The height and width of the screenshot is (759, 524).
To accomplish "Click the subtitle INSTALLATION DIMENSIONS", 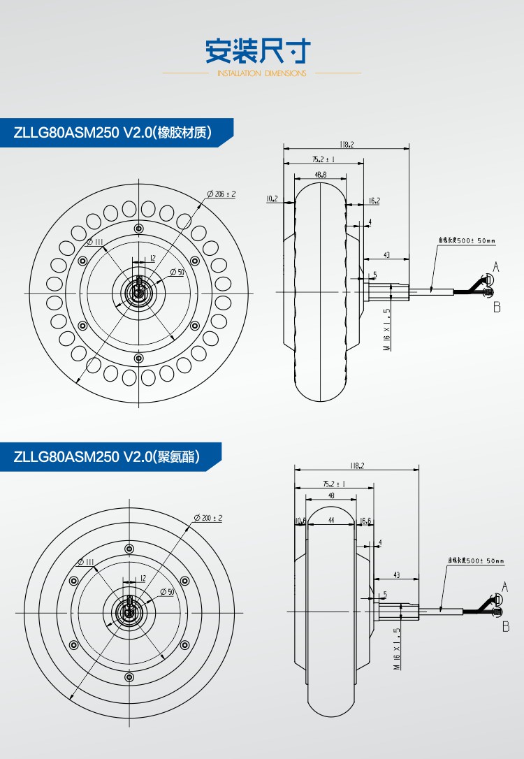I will click(261, 73).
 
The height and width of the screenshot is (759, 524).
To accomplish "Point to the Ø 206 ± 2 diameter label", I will click(221, 194).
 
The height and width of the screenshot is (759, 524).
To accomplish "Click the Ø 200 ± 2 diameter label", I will click(208, 518).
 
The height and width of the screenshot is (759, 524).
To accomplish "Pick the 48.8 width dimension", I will click(321, 175).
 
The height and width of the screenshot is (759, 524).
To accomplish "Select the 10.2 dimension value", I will click(272, 199).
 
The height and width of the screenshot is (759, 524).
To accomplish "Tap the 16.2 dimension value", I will click(373, 201).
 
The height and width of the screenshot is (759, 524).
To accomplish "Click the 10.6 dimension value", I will click(300, 521).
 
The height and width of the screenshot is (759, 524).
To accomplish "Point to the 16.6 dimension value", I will click(365, 521).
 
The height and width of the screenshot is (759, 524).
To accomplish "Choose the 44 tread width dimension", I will click(330, 521).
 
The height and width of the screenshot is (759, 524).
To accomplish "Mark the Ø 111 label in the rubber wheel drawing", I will click(96, 242).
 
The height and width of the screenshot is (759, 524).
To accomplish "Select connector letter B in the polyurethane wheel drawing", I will click(506, 627).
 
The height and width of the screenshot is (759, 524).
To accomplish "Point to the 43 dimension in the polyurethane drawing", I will click(396, 575).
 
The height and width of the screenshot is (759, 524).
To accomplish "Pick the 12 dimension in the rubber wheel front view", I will click(152, 259).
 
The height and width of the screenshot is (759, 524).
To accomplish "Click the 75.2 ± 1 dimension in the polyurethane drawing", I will click(333, 484).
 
